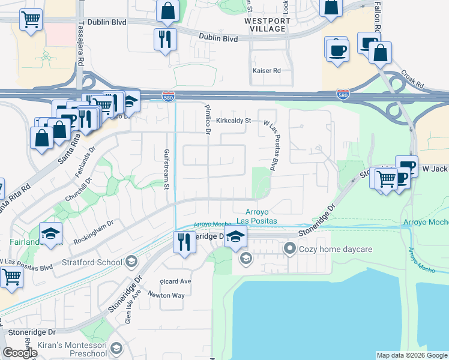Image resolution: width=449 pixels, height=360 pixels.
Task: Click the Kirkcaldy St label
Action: (233, 120)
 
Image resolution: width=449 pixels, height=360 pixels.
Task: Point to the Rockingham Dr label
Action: (93, 231)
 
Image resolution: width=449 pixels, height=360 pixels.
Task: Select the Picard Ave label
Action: (175, 281)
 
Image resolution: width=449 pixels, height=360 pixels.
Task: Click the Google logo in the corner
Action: (19, 353)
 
